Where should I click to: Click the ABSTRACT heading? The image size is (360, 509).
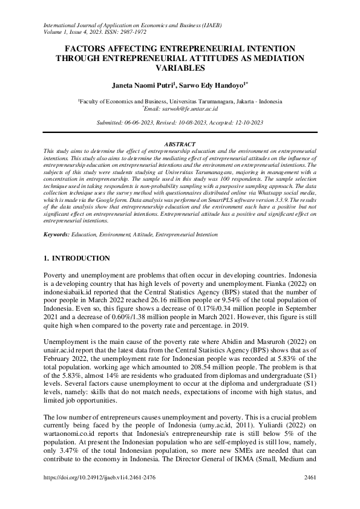pos(180,144)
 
